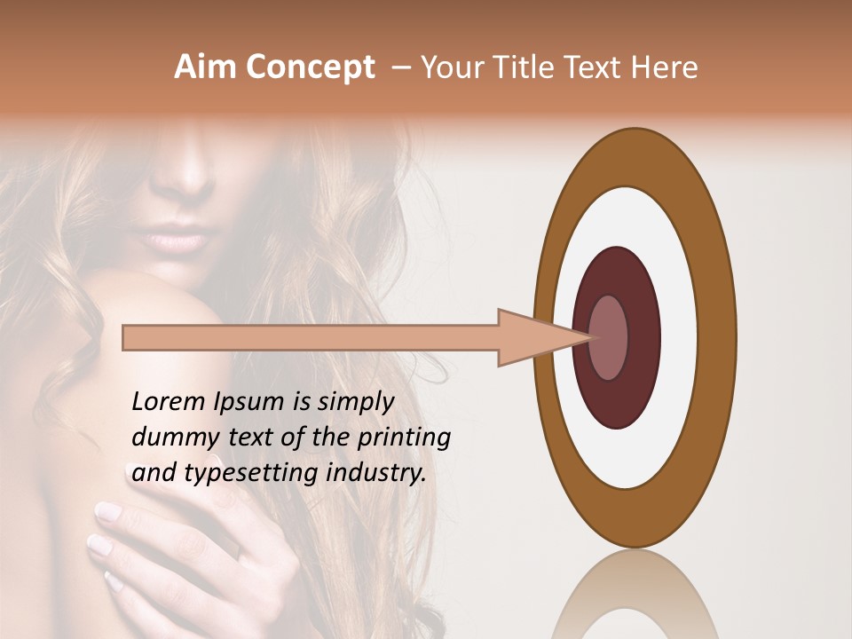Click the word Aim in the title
pos(205,67)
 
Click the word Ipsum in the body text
pos(253,401)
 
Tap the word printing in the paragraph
pos(403,437)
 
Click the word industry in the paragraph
pos(375,472)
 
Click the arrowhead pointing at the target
pos(541,337)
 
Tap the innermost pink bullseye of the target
pos(609,337)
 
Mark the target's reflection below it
pos(634,595)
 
